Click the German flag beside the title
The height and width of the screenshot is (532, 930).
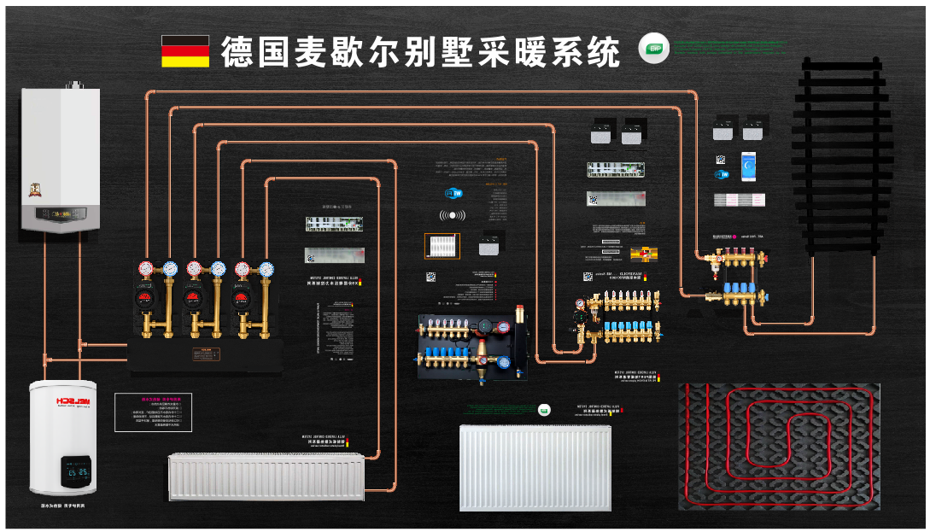(x=185, y=51)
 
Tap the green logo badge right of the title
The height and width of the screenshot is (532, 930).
(x=654, y=49)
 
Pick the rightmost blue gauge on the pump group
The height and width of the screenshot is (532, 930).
(x=266, y=270)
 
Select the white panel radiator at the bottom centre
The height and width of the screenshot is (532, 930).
(x=535, y=467)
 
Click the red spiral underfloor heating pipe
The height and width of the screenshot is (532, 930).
(x=779, y=446)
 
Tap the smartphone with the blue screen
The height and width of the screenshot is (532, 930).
(x=748, y=167)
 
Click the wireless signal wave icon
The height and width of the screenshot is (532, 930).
(x=453, y=216)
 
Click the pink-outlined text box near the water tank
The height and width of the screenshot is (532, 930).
(x=154, y=412)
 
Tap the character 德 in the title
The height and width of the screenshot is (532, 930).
(x=238, y=53)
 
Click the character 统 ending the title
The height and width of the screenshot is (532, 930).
(x=603, y=53)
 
